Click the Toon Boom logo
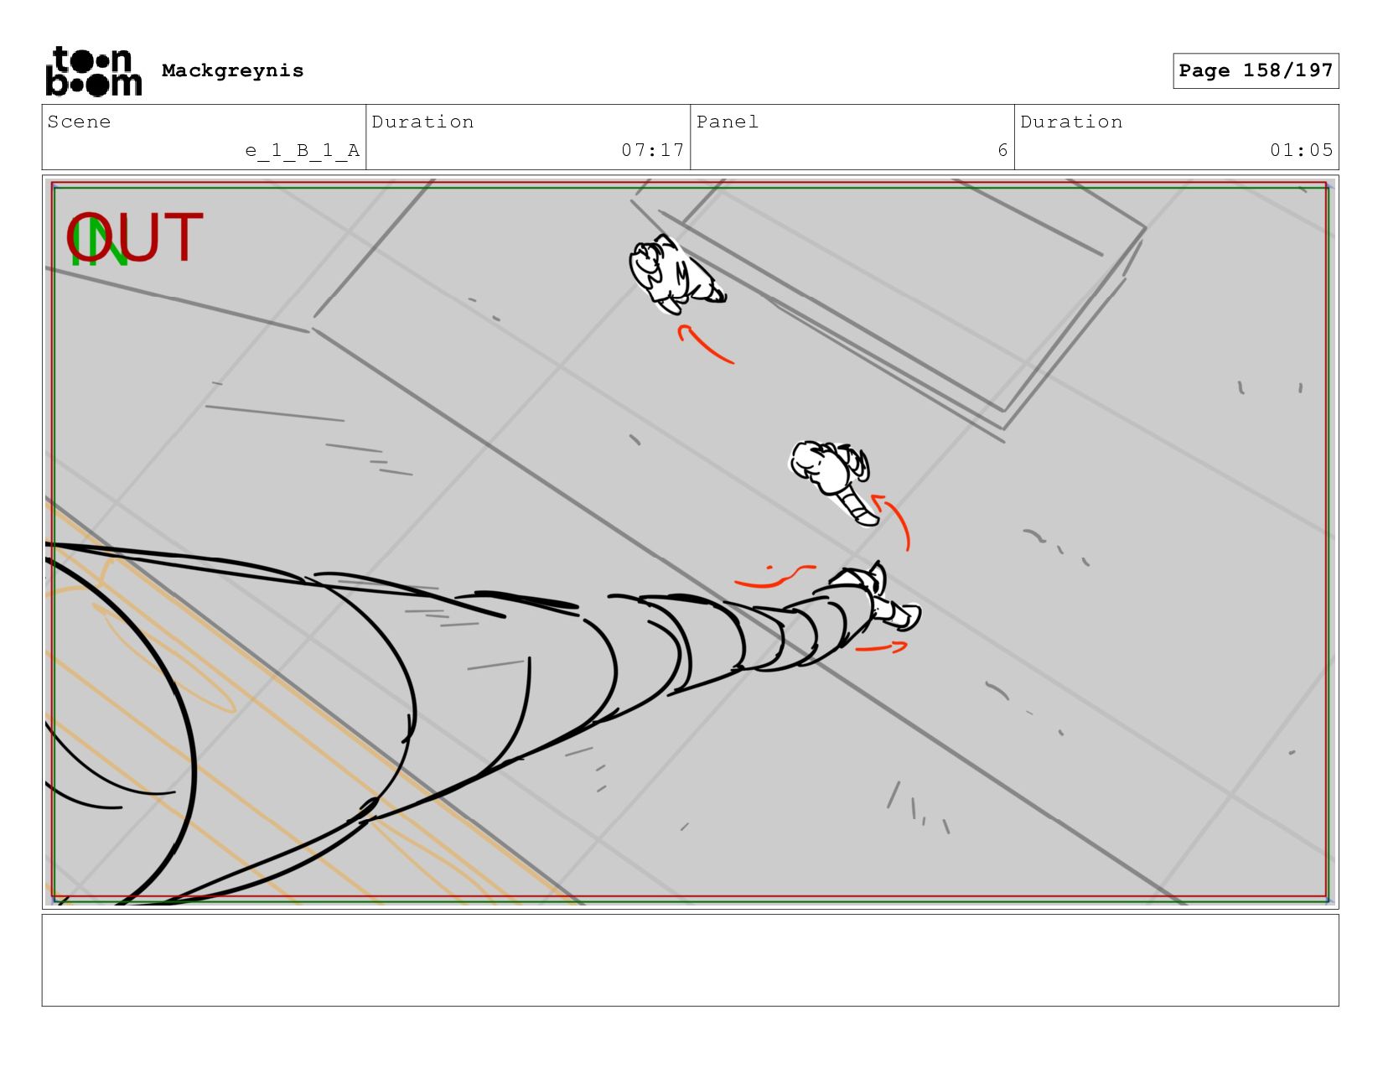coord(94,71)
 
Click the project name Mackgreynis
coord(232,70)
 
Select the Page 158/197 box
coord(1255,70)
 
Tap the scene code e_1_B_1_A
coord(303,150)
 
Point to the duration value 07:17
coord(652,150)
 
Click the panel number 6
coord(1002,150)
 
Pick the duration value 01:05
coord(1301,150)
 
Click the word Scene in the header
coord(79,122)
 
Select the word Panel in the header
coord(728,122)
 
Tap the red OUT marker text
coord(135,236)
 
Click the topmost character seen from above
coord(675,274)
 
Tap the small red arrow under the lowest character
coord(882,648)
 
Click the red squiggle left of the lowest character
coord(774,577)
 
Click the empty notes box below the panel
coord(691,960)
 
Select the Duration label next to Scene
coord(422,122)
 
